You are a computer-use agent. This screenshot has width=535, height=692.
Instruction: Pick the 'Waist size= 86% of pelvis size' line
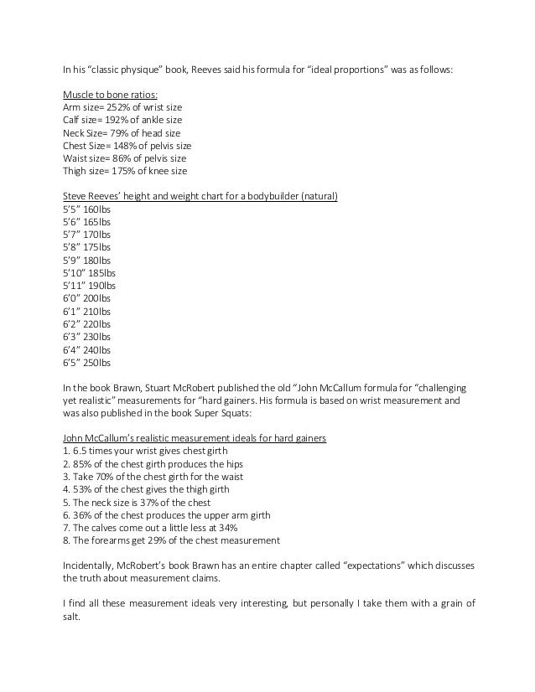click(x=125, y=158)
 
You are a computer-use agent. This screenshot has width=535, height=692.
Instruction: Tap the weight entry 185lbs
click(x=101, y=272)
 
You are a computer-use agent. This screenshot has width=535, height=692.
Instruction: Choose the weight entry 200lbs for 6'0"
click(x=96, y=297)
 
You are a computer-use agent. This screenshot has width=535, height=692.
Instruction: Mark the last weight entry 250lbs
click(x=96, y=363)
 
